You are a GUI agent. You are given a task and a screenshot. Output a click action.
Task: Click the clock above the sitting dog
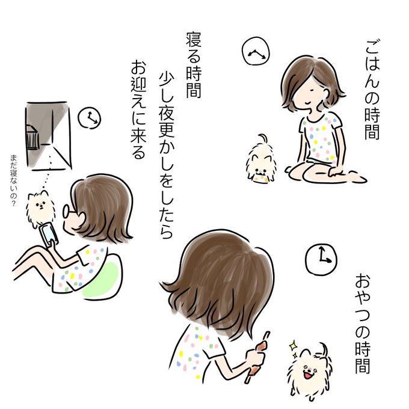click(x=256, y=51)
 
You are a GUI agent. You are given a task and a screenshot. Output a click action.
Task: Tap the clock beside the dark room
click(x=90, y=118)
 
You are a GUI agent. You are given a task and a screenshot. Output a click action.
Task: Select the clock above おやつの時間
click(x=321, y=259)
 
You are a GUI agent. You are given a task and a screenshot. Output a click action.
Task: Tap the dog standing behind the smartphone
click(x=40, y=208)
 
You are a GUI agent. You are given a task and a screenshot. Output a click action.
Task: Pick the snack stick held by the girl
click(x=257, y=357)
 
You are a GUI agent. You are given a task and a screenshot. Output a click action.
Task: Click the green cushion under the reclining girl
click(x=102, y=280)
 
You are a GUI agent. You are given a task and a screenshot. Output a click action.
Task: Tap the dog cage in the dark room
click(x=32, y=138)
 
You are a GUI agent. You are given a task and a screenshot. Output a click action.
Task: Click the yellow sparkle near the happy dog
click(x=294, y=346)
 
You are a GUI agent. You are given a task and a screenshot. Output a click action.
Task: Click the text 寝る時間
click(x=194, y=65)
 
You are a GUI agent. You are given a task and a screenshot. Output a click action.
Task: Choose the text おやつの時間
click(x=363, y=323)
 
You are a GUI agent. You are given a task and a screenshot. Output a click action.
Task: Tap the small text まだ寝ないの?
click(x=13, y=180)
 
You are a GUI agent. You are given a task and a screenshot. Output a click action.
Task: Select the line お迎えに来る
click(x=138, y=110)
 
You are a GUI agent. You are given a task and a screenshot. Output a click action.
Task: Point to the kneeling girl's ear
click(x=326, y=92)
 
